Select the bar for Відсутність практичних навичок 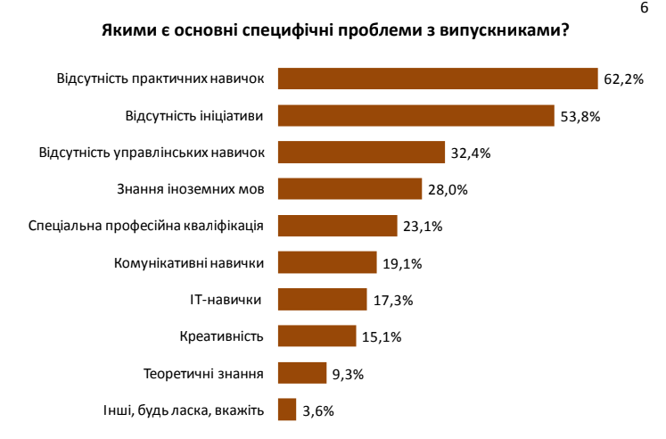437,79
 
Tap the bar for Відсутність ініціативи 416,116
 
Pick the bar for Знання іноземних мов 349,189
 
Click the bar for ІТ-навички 322,299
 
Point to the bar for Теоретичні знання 302,372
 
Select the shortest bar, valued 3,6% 286,409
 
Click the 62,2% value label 623,79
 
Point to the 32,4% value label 471,153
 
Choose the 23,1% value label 423,226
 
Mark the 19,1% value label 402,263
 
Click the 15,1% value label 382,336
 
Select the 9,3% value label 349,373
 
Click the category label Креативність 221,335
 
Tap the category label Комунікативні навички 190,262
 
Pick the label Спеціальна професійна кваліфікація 146,225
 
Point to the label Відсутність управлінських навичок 152,152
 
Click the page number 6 645,8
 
